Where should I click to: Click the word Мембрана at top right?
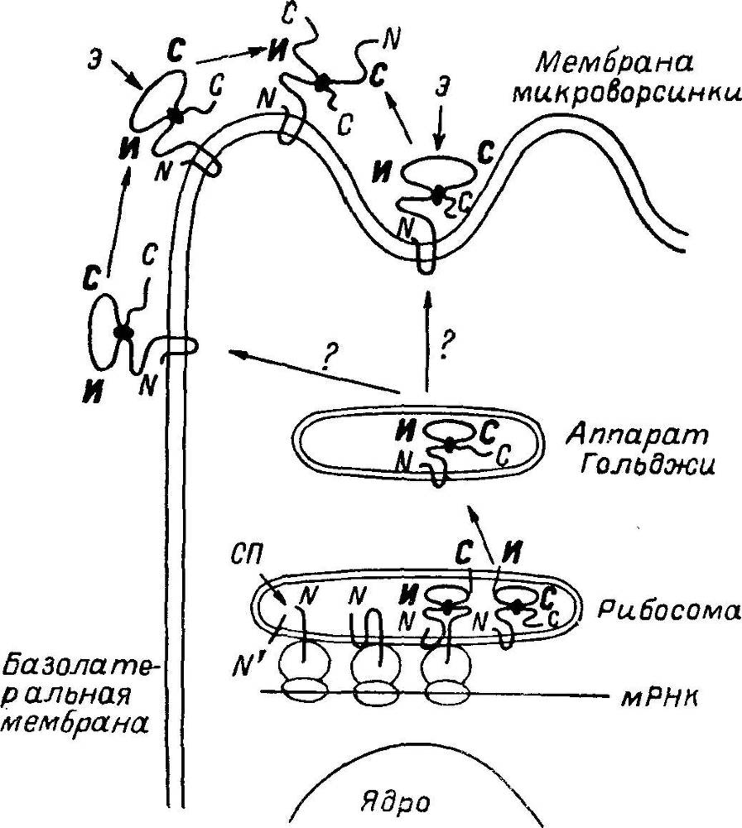point(614,64)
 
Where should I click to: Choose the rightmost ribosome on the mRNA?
point(447,672)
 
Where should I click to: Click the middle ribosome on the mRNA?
point(376,672)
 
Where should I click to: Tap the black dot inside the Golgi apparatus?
point(448,445)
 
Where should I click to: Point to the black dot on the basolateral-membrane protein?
point(123,332)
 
